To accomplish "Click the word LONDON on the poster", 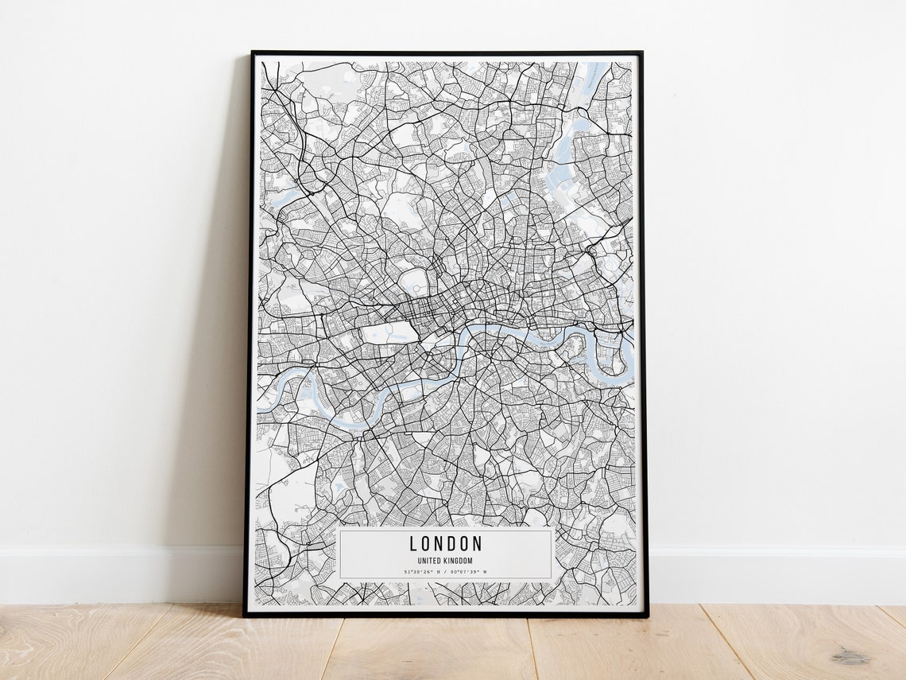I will pos(445,544).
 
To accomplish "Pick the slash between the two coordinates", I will pos(445,571).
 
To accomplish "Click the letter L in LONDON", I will pos(413,544).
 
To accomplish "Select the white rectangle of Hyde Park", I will pos(389,332).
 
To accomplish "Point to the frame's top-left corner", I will pos(253,53).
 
